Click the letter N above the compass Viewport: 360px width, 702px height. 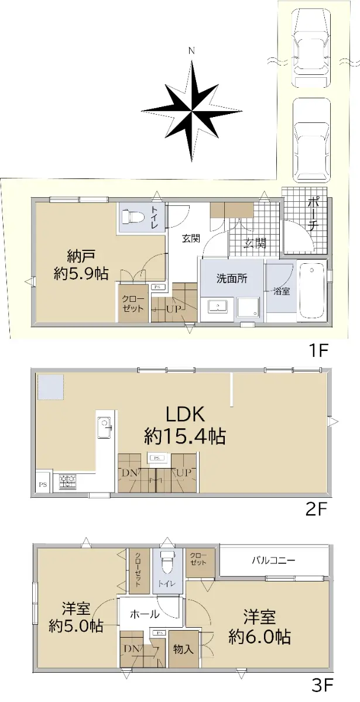point(191,51)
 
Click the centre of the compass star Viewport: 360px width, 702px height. point(191,111)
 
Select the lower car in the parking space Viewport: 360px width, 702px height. point(311,140)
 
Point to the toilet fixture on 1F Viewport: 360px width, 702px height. point(132,216)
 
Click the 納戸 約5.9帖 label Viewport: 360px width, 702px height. point(81,265)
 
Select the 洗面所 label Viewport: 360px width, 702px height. point(232,278)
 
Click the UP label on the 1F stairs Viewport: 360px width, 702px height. point(174,309)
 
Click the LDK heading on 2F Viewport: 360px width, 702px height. point(185,414)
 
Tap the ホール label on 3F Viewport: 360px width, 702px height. point(145,614)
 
